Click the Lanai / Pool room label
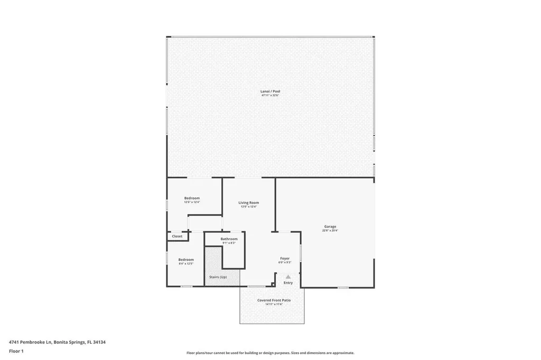point(270,91)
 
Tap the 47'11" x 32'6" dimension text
point(270,96)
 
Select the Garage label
point(330,226)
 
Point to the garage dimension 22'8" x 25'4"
point(330,231)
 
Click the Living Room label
point(248,203)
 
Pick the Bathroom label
point(229,239)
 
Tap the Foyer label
point(285,258)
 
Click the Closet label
point(177,236)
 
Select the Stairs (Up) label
point(218,277)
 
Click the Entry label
point(288,283)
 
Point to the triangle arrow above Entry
point(288,277)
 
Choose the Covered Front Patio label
point(274,300)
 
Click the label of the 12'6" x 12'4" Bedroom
point(192,198)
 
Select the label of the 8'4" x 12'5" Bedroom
point(186,259)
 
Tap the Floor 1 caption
point(16,350)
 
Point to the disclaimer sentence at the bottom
point(270,353)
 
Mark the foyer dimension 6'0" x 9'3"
point(285,262)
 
